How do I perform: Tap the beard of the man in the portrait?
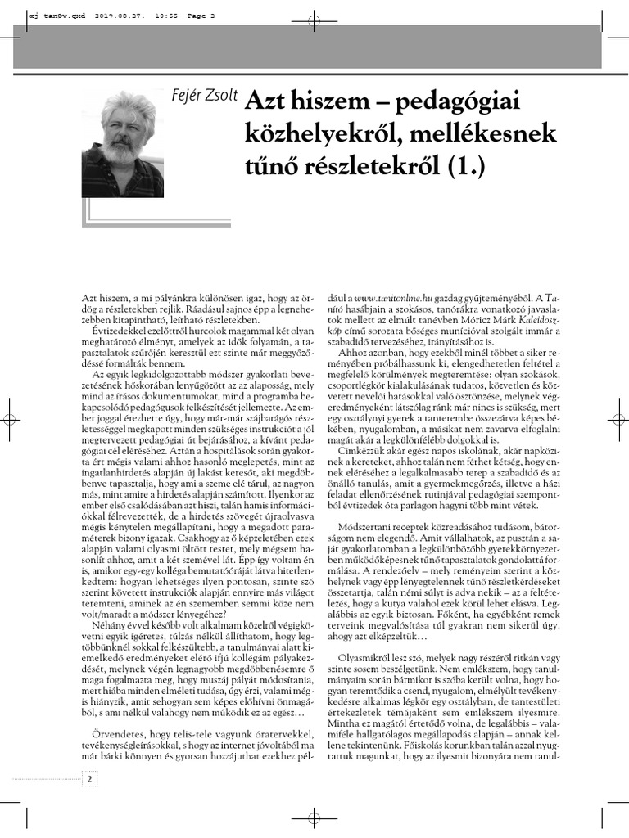120,153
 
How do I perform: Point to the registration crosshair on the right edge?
617,420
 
